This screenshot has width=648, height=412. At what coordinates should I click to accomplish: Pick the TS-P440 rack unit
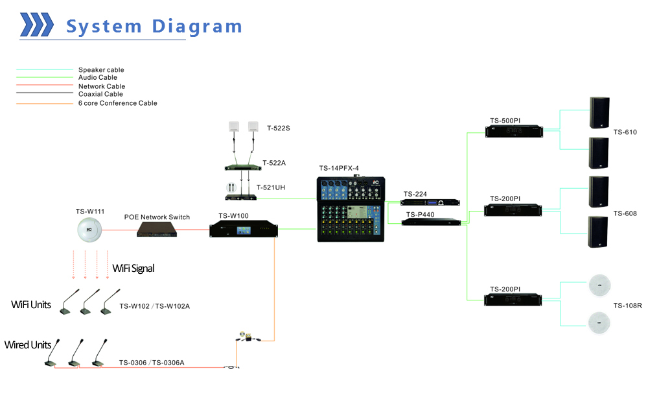click(x=431, y=223)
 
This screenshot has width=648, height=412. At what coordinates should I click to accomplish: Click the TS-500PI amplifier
click(x=513, y=130)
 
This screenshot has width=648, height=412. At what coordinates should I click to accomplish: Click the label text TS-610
click(x=625, y=132)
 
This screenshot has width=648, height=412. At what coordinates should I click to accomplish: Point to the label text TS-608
click(x=625, y=213)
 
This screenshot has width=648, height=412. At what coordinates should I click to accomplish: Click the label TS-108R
click(x=627, y=305)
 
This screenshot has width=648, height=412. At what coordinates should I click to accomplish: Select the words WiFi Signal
click(x=133, y=268)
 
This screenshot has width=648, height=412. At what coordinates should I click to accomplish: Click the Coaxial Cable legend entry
click(x=101, y=94)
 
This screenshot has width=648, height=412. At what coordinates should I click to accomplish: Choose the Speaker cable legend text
click(x=101, y=70)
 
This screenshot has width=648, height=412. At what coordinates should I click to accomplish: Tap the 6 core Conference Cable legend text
click(x=117, y=103)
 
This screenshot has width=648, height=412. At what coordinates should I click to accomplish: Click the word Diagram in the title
click(x=197, y=27)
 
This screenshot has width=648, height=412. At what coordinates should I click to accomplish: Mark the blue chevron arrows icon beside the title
click(x=37, y=25)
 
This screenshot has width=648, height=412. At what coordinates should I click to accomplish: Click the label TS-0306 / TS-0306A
click(x=152, y=363)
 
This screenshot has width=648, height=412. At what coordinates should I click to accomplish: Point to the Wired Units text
click(x=27, y=345)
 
